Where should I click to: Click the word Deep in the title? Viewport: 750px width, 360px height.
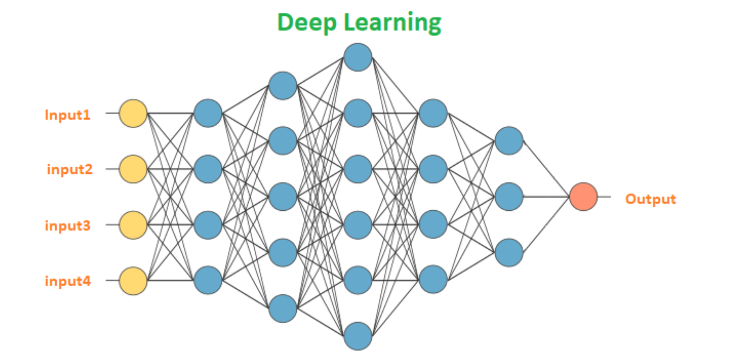(x=306, y=22)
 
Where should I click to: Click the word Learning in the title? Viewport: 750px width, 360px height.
(x=392, y=23)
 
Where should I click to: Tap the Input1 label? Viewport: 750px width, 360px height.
(x=67, y=115)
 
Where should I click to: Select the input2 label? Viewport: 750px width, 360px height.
(x=69, y=169)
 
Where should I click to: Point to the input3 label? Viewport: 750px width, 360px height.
(x=67, y=226)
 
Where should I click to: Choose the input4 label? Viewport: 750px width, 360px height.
(x=68, y=281)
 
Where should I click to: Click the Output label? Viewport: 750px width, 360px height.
(x=650, y=199)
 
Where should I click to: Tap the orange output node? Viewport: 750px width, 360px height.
(x=583, y=197)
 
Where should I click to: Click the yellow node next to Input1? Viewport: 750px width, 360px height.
(x=133, y=113)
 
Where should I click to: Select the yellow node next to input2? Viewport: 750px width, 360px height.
(x=133, y=169)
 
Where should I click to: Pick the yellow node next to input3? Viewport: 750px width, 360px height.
(x=133, y=225)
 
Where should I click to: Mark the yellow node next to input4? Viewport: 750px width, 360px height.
(x=133, y=281)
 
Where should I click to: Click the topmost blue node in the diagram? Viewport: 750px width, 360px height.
(x=358, y=57)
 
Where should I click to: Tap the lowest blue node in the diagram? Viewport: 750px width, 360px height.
(x=358, y=336)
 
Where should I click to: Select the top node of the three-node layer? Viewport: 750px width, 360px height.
(x=509, y=141)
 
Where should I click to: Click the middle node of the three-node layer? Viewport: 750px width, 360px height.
(x=509, y=197)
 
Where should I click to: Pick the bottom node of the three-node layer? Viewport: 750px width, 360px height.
(x=509, y=253)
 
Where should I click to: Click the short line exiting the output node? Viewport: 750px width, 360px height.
(x=604, y=197)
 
